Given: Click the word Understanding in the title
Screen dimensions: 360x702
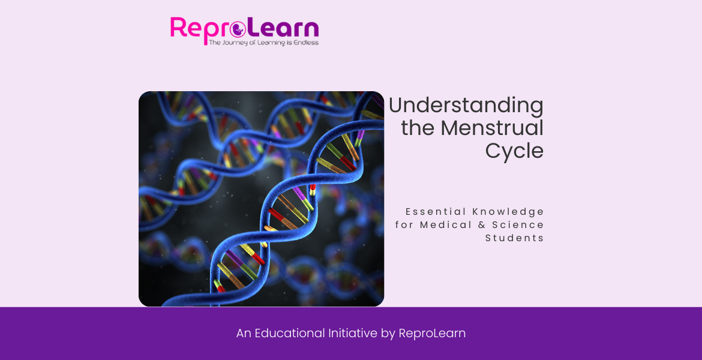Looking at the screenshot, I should coord(466,106).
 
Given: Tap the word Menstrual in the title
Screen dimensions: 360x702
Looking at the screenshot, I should coord(492,128).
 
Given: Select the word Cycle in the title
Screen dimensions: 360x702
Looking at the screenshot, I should coord(514,151).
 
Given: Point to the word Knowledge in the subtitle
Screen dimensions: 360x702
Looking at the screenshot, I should coord(508,212).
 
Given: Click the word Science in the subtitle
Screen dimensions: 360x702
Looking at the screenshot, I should coord(518,225).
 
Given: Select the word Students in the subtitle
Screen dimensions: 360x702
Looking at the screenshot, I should coord(515,238).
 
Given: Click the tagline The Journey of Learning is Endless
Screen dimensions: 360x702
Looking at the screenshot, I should coord(263,43).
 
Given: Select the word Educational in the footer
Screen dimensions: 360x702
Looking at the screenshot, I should coord(290,333).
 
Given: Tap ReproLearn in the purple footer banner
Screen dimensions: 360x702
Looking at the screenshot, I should coord(432,333).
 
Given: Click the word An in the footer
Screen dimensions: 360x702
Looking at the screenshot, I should coord(244,333).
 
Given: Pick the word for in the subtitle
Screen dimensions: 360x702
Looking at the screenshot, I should coord(404,225).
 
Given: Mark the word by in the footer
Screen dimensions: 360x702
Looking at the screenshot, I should coord(388,334).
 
